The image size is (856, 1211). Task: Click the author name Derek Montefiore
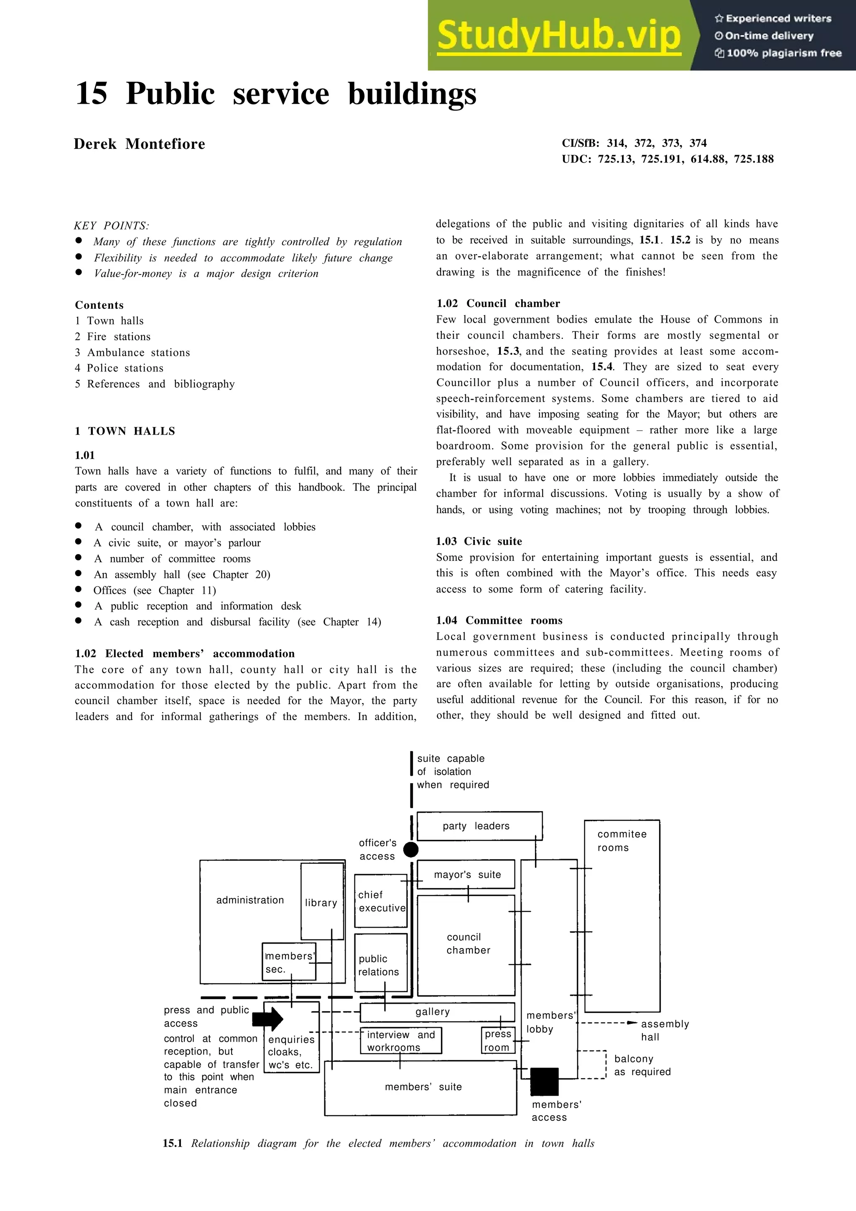click(139, 144)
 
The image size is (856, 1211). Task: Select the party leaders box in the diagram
click(479, 826)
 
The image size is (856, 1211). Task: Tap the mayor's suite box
click(466, 875)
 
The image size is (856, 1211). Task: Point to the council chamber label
click(468, 944)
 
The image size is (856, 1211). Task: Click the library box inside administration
click(321, 903)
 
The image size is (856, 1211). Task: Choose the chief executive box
click(381, 901)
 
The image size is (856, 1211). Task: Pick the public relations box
click(380, 965)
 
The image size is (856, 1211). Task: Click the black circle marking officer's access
click(411, 850)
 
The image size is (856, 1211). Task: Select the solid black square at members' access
click(544, 1081)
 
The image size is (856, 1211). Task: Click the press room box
click(497, 1041)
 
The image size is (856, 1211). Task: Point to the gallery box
click(437, 1012)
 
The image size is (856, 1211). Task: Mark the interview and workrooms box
click(401, 1041)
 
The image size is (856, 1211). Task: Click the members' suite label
click(423, 1086)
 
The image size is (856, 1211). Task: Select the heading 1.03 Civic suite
click(479, 541)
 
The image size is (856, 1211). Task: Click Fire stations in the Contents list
click(118, 336)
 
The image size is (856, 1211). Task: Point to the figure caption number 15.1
click(173, 1143)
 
